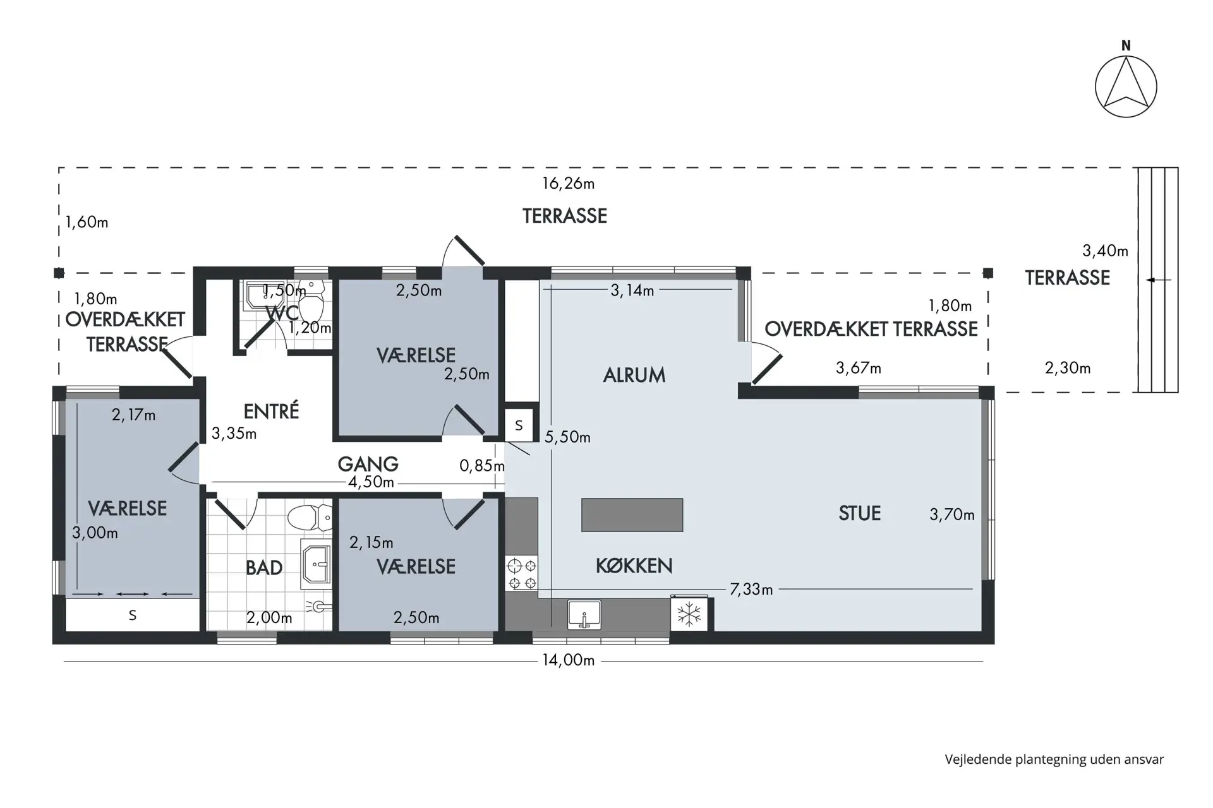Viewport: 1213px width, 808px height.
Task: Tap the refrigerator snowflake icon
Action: (x=689, y=614)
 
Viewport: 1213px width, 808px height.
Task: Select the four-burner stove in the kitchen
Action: (x=522, y=573)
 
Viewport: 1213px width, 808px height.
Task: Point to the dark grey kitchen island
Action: (x=632, y=514)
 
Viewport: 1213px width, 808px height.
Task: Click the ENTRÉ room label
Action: (x=271, y=412)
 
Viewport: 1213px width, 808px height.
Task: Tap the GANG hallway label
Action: (x=368, y=465)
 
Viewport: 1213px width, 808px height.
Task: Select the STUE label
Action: (x=859, y=513)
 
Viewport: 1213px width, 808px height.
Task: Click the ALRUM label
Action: (x=634, y=375)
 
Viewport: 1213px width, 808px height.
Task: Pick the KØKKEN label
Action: (x=634, y=566)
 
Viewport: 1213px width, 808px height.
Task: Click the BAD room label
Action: (x=264, y=568)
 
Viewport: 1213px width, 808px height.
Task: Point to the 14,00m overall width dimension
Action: (x=569, y=660)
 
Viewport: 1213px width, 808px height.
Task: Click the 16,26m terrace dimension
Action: (x=569, y=184)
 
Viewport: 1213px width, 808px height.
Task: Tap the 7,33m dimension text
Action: (x=751, y=590)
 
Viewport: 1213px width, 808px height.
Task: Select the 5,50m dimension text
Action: (x=567, y=437)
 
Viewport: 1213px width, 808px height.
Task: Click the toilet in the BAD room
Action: (x=310, y=518)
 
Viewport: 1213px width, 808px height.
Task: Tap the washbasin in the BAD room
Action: (x=316, y=563)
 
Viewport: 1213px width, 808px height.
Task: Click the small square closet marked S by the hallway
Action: (x=519, y=425)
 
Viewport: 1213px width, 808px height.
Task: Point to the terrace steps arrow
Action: (x=1159, y=280)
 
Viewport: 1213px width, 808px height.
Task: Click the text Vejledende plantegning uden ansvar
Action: (x=1054, y=759)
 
